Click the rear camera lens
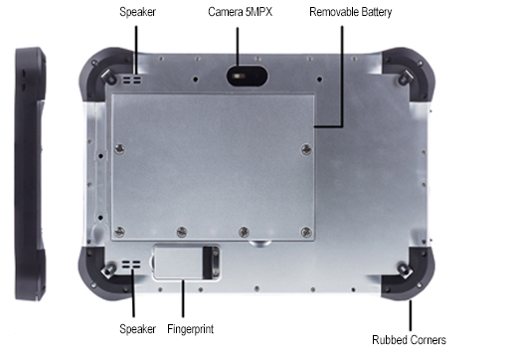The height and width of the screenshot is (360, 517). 239,75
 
